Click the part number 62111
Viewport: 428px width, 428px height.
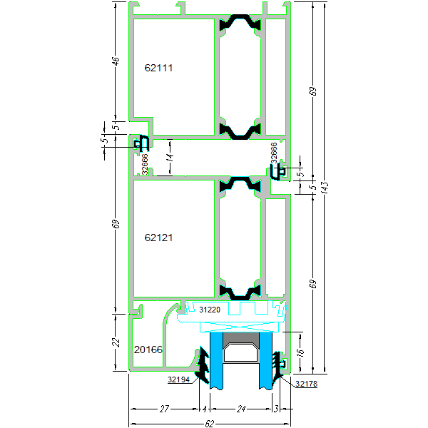point(158,68)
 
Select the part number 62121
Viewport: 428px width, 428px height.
point(158,238)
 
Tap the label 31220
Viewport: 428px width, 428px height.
point(209,310)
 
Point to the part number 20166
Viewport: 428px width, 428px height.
point(148,350)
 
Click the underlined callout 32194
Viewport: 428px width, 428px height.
point(180,380)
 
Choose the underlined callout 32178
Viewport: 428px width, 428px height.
point(305,384)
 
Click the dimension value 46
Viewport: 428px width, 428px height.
point(116,61)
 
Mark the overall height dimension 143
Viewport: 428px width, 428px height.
point(325,188)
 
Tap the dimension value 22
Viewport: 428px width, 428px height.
point(116,342)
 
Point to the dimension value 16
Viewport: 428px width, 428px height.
point(300,352)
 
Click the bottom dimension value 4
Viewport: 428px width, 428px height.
point(204,409)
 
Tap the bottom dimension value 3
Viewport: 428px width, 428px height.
point(275,409)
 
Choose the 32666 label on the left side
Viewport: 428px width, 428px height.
point(145,164)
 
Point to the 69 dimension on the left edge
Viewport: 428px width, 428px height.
point(116,224)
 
